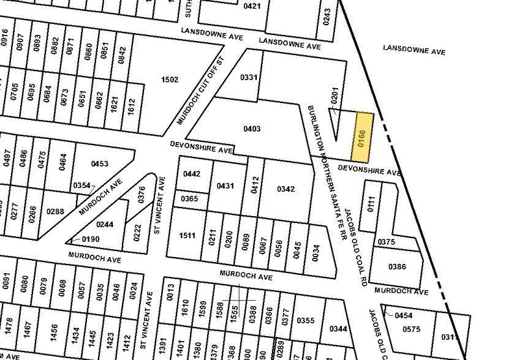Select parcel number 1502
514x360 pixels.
pyautogui.click(x=169, y=80)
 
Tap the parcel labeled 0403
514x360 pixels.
pyautogui.click(x=252, y=129)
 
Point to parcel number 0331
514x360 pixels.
pyautogui.click(x=248, y=77)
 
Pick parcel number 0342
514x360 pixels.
pyautogui.click(x=285, y=189)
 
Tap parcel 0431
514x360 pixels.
pyautogui.click(x=226, y=186)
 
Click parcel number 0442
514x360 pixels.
pyautogui.click(x=192, y=174)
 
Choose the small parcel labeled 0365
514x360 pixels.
pyautogui.click(x=190, y=198)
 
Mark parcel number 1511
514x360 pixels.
pyautogui.click(x=187, y=236)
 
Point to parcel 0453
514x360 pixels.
pyautogui.click(x=99, y=164)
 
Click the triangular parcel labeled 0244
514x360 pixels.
pyautogui.click(x=105, y=225)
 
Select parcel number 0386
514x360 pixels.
pyautogui.click(x=398, y=267)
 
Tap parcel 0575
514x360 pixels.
pyautogui.click(x=412, y=329)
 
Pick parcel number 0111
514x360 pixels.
pyautogui.click(x=371, y=204)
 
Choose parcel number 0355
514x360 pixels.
pyautogui.click(x=305, y=320)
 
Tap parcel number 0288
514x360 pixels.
pyautogui.click(x=55, y=212)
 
